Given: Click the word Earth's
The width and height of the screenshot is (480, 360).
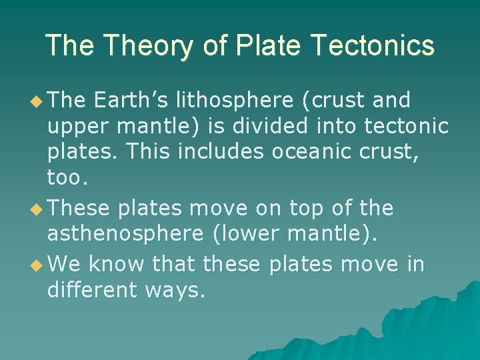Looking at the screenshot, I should point(131,100).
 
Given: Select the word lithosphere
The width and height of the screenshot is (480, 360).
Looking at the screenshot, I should point(233,100).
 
